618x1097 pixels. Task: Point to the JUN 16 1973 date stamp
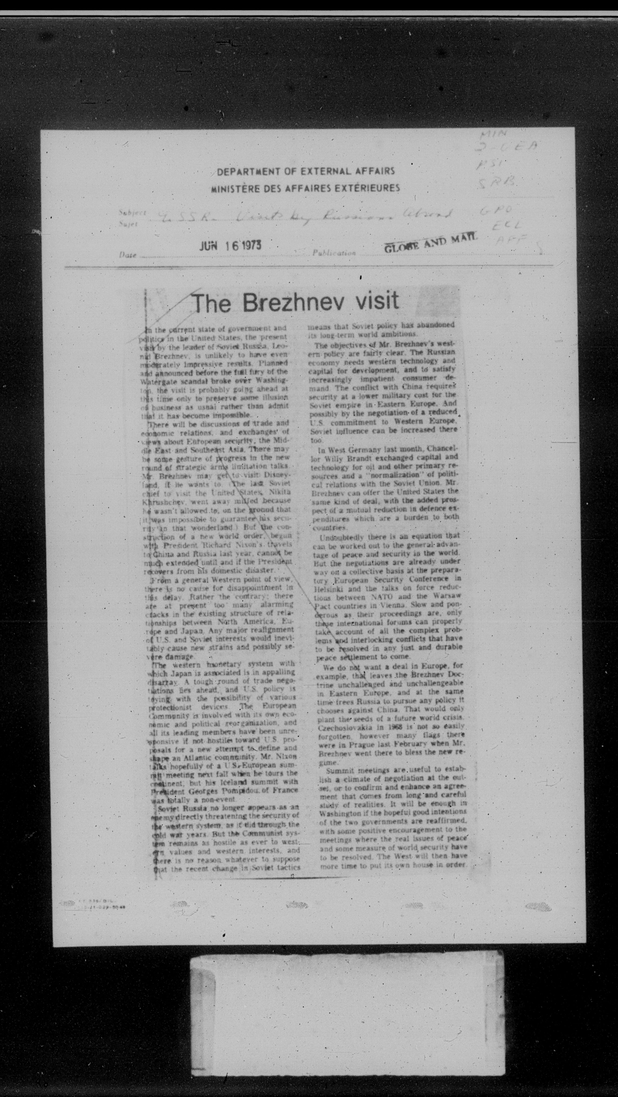230,245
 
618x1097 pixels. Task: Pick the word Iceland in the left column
233,782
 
